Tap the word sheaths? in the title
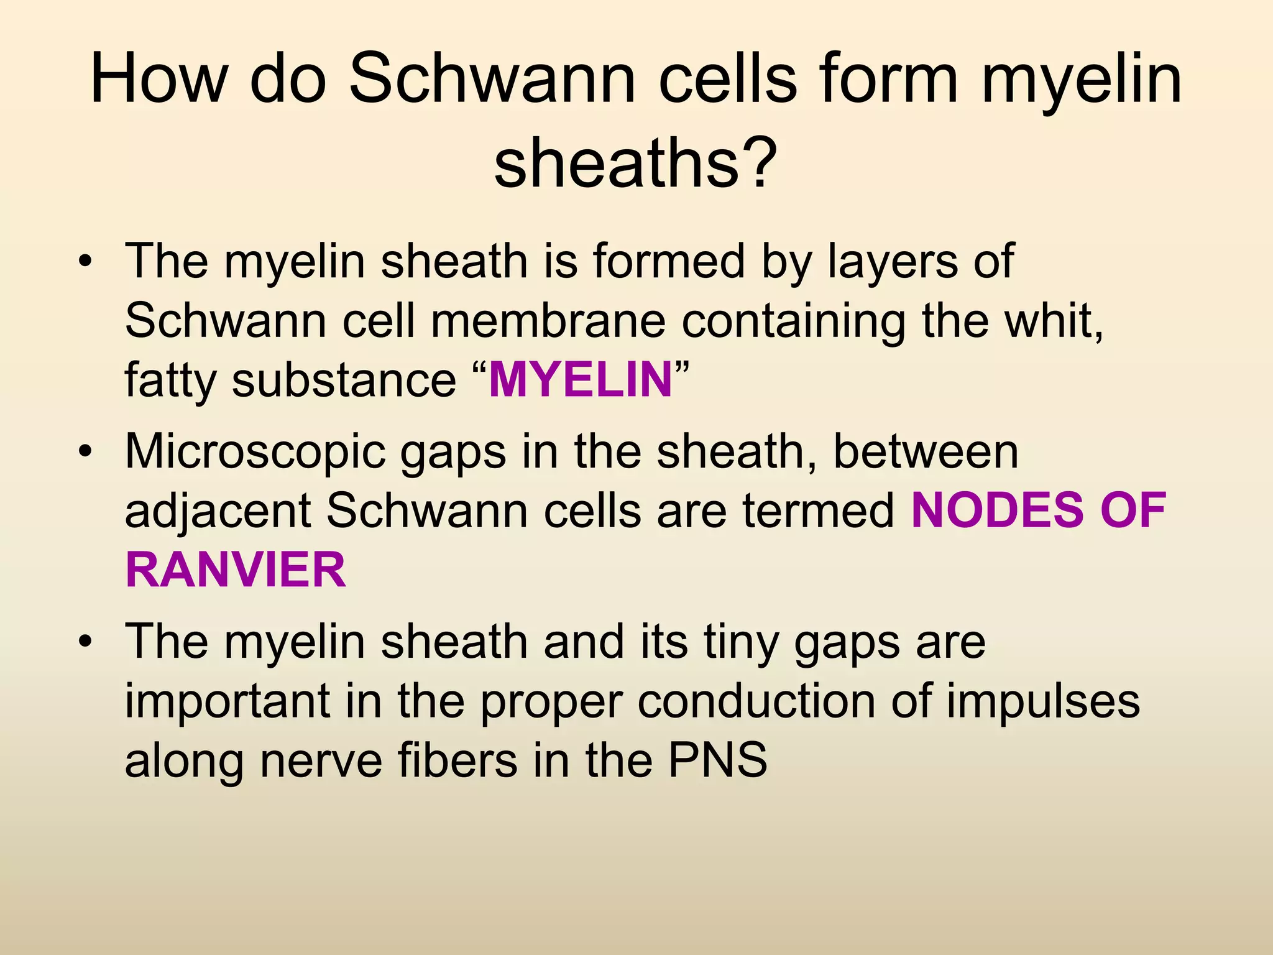(635, 163)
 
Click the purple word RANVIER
(236, 570)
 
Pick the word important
(227, 701)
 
